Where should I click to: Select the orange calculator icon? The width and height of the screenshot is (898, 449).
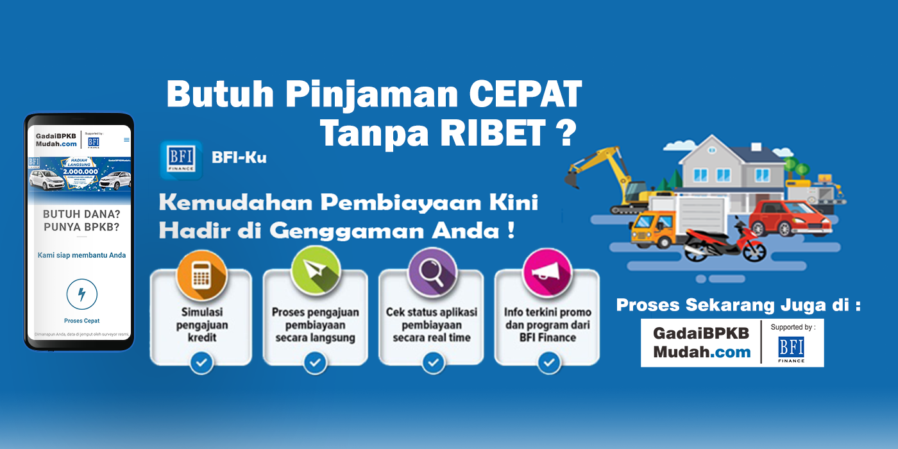click(x=201, y=275)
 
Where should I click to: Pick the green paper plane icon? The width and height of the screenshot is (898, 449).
click(x=316, y=272)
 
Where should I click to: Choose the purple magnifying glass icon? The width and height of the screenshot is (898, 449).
click(x=432, y=272)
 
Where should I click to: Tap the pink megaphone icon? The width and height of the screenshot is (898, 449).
click(x=546, y=272)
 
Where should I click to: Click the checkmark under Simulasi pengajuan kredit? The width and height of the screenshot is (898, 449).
click(x=201, y=362)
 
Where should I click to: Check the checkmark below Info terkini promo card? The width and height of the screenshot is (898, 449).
click(x=548, y=362)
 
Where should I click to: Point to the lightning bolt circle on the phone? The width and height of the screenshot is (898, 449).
click(x=81, y=294)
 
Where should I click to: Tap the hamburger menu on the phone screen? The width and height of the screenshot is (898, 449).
click(x=126, y=140)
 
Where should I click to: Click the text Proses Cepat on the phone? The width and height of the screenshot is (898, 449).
click(x=81, y=321)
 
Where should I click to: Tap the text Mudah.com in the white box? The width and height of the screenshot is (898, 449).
click(x=702, y=352)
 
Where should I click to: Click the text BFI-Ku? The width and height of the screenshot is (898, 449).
click(x=239, y=157)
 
